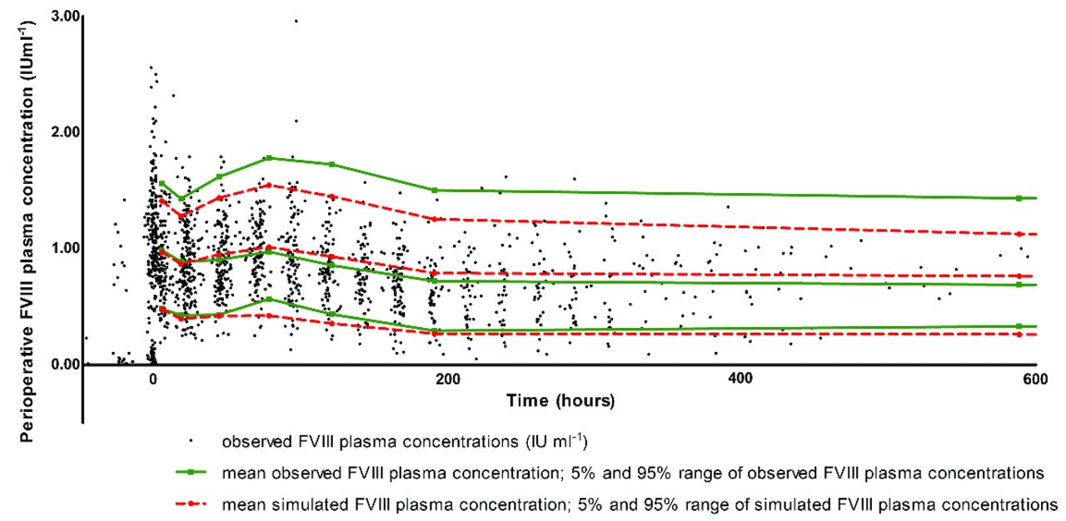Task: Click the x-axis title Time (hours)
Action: point(561,401)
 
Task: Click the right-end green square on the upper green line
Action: point(1019,198)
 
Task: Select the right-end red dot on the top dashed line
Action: point(1019,234)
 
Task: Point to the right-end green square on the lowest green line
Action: point(1019,326)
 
